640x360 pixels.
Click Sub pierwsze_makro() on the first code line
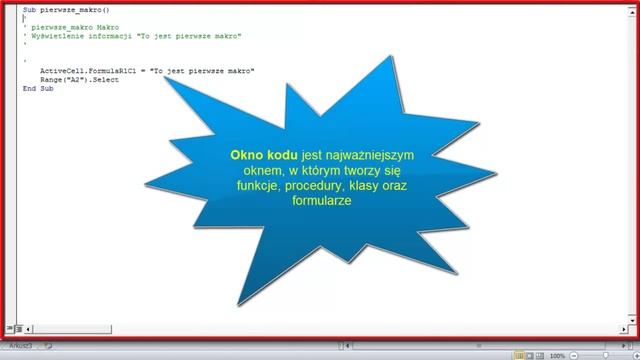point(64,8)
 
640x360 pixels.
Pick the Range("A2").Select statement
point(79,79)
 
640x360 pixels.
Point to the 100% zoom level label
point(557,356)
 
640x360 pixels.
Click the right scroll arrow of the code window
point(617,327)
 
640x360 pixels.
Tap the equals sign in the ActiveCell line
point(146,71)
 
